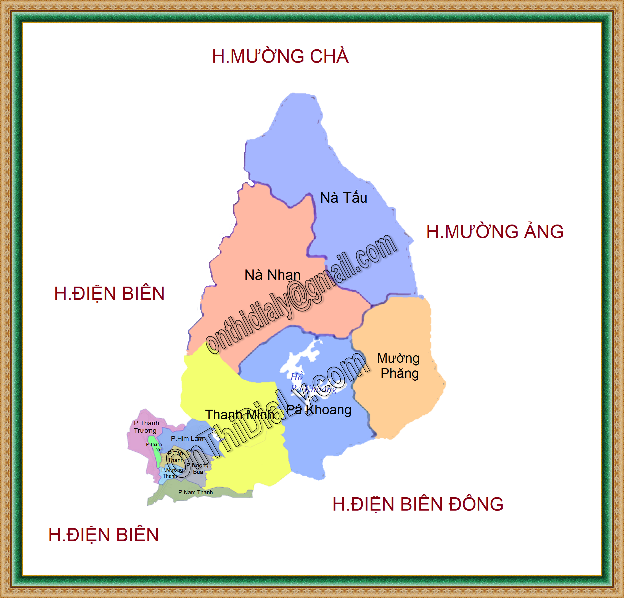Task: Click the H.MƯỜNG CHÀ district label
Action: coord(280,56)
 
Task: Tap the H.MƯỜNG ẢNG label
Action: coord(495,232)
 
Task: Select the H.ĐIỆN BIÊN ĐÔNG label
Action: coord(418,504)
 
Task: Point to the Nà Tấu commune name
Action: coord(343,198)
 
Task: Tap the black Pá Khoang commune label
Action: coord(319,410)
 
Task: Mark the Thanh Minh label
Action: coord(239,415)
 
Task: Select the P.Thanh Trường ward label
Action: coord(146,427)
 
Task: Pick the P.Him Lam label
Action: coord(187,439)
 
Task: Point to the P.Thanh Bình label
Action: coord(154,447)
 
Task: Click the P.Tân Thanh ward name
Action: coord(175,457)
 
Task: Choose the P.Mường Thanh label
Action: coord(172,473)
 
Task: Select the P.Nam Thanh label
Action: coord(195,492)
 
